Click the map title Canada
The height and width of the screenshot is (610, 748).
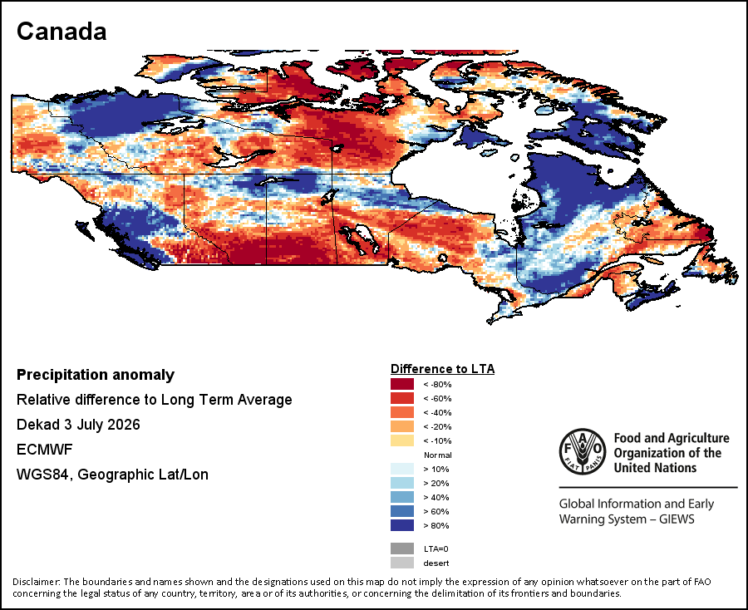click(x=62, y=32)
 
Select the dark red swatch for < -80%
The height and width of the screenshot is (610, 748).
click(x=402, y=384)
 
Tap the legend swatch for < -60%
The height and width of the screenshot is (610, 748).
click(x=402, y=398)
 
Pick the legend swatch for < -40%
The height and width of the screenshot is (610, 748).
click(x=402, y=412)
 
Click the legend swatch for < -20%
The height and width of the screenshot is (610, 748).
click(x=402, y=426)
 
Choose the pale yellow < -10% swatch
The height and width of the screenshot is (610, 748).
click(x=402, y=440)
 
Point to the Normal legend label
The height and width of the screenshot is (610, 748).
click(x=437, y=455)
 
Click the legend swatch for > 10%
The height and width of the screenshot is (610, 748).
click(x=402, y=469)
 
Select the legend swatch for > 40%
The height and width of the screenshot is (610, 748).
click(x=402, y=497)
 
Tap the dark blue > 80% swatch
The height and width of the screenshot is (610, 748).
click(x=402, y=525)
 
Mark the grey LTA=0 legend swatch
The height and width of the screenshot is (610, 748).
click(x=402, y=549)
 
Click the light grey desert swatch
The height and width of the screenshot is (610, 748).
click(x=402, y=563)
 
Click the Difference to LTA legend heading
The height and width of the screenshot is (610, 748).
click(x=443, y=369)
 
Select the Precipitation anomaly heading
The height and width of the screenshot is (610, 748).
click(x=96, y=375)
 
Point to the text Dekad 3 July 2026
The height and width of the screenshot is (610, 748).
click(x=78, y=425)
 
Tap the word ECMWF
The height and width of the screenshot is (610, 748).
click(x=44, y=450)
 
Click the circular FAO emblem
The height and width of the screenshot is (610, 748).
click(x=583, y=451)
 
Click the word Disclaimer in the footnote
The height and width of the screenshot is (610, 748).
click(x=37, y=582)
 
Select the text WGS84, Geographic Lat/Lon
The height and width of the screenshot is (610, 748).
click(x=112, y=475)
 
